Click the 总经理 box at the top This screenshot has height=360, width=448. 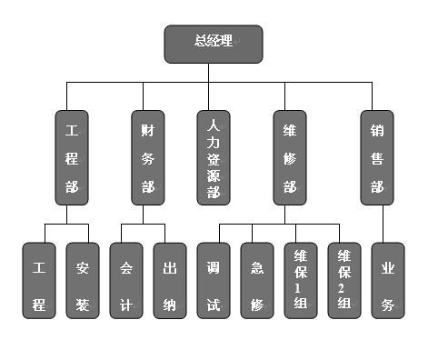pos(213,44)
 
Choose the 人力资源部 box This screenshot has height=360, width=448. pos(214,157)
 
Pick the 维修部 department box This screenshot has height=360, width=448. pos(289,157)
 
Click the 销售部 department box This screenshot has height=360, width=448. pos(376,157)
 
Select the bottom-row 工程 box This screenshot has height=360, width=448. pos(39,280)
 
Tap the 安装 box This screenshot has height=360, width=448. pos(83,280)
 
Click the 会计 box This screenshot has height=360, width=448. pos(127,280)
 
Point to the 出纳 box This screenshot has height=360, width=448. pos(171,280)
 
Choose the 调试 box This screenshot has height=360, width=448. pos(214,280)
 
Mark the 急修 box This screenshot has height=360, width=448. pos(257,280)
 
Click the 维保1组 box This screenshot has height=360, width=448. pos(301,280)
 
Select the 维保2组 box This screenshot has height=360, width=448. pos(344,280)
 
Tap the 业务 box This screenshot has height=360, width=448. pos(388,280)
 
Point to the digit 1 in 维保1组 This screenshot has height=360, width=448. pos(301,288)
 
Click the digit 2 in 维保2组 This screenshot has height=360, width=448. pos(344,288)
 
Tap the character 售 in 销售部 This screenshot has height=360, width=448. pos(376,158)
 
